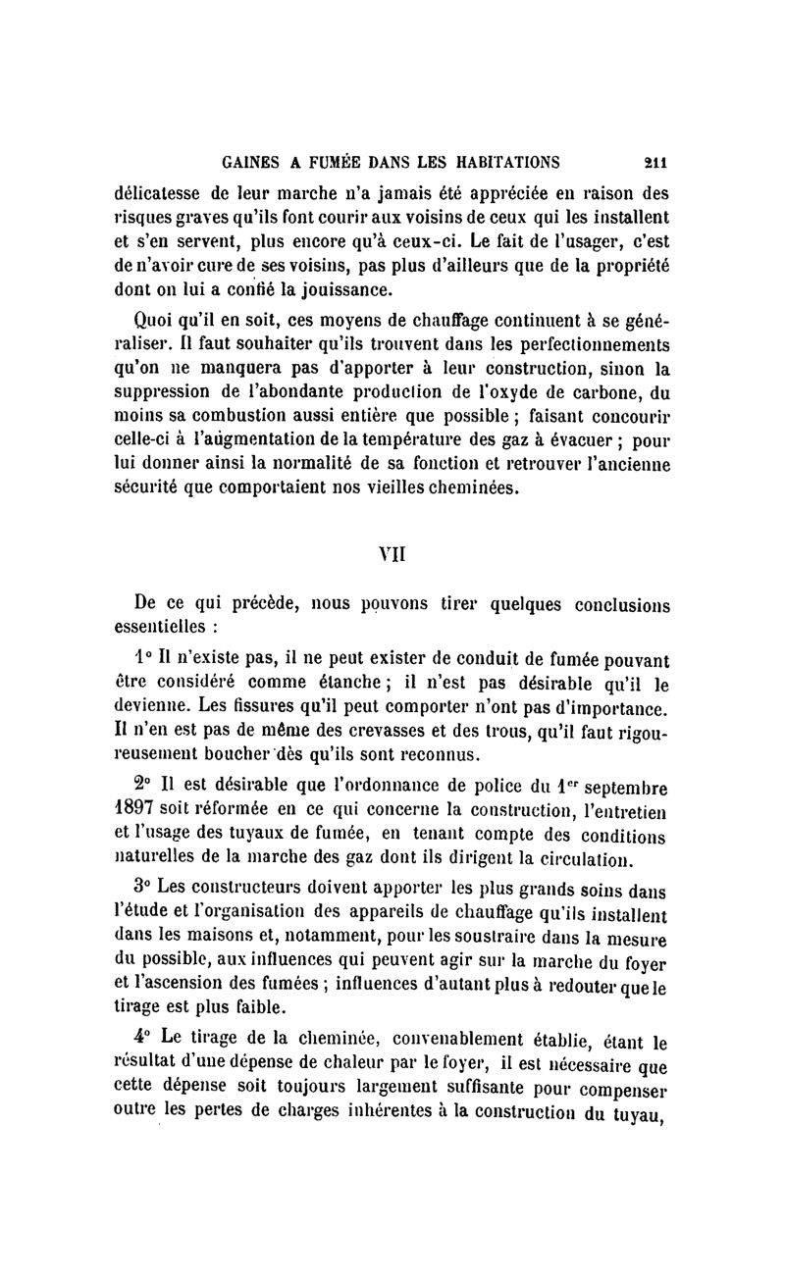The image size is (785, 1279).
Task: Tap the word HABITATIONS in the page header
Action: pyautogui.click(x=498, y=161)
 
